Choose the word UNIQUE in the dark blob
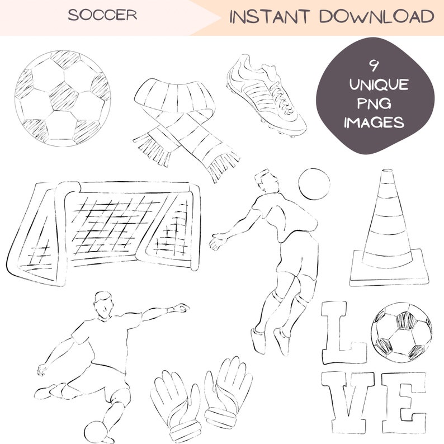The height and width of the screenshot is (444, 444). [379, 86]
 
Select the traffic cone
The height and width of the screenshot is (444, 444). [389, 229]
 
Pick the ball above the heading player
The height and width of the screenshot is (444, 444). [314, 184]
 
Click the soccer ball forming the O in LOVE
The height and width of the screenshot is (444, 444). [401, 332]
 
